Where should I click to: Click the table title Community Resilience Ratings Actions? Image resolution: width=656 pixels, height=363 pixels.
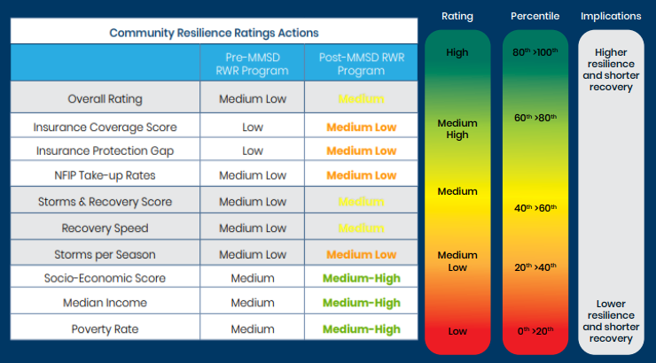point(214,33)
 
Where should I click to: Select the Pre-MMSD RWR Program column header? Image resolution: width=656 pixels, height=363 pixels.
point(253,64)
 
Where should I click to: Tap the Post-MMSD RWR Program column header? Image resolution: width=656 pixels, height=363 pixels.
point(361,64)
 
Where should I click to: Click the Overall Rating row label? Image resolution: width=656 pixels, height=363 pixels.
point(105,99)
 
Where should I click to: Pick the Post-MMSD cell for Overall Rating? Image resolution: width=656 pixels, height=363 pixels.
point(361,99)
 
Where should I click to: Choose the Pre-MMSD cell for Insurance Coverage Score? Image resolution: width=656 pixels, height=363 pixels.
point(253,127)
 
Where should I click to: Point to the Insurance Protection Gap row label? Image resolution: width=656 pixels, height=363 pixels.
point(105,151)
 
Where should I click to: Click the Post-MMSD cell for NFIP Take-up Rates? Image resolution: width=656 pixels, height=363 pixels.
point(361,176)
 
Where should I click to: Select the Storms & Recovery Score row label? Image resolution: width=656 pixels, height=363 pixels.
point(105,202)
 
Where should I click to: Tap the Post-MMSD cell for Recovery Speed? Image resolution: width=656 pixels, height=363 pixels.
point(361,228)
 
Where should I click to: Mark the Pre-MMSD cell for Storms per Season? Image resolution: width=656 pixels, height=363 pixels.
point(253,254)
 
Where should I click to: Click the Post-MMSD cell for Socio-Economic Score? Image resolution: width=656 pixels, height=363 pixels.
point(361,278)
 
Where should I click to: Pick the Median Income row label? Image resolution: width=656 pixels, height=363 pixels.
point(105,303)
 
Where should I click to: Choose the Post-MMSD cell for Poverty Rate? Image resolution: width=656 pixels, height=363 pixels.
point(361,329)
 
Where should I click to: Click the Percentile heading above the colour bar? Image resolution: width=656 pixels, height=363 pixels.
point(534,16)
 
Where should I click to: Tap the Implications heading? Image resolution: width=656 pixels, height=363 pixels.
point(611,16)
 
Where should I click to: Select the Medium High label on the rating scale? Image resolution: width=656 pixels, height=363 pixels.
point(457,129)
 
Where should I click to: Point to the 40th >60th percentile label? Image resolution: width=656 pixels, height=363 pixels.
point(534,208)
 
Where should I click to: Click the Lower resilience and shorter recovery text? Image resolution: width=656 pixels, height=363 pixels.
point(611,321)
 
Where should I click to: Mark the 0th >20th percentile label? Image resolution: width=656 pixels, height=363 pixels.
point(534,331)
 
